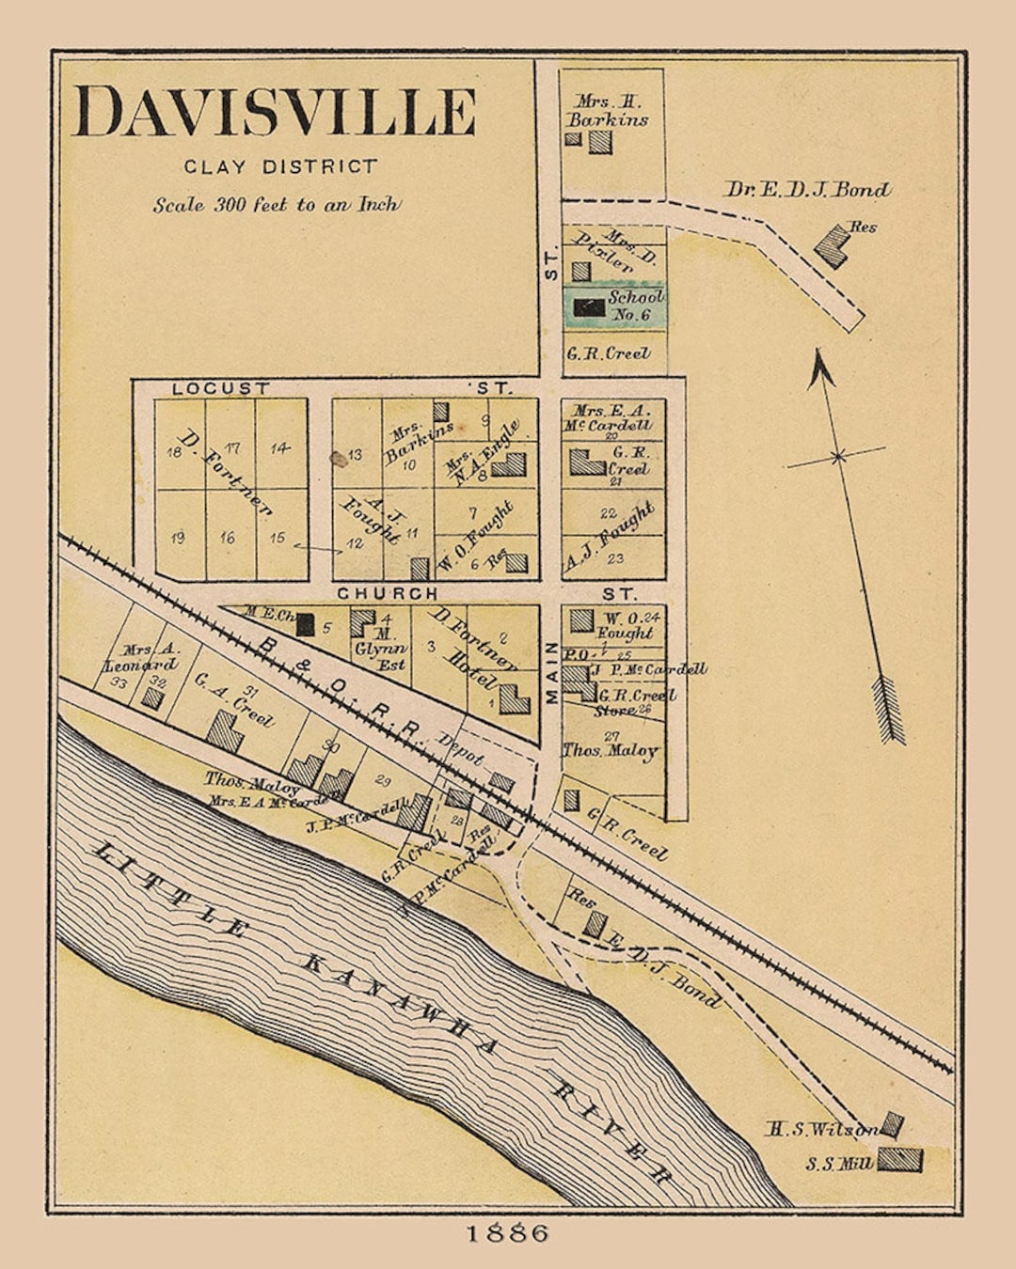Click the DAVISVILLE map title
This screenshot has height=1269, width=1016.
tap(275, 112)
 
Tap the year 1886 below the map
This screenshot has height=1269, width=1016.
tap(508, 1233)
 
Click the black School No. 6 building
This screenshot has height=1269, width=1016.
tap(589, 307)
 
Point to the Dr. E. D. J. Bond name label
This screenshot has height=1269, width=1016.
tap(806, 190)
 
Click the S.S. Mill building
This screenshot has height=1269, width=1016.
tap(899, 1160)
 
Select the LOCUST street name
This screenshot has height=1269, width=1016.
tap(221, 388)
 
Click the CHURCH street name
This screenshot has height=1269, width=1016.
tap(388, 593)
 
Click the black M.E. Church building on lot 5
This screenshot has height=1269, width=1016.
tap(305, 624)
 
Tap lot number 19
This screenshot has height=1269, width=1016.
tap(178, 538)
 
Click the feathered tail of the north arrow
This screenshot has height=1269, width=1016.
tap(889, 710)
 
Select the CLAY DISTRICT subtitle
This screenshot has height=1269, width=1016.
tap(280, 167)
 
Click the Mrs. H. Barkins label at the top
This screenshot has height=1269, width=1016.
tap(608, 111)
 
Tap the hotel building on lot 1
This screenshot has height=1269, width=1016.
tap(515, 699)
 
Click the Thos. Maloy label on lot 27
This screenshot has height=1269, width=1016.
tap(611, 750)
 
